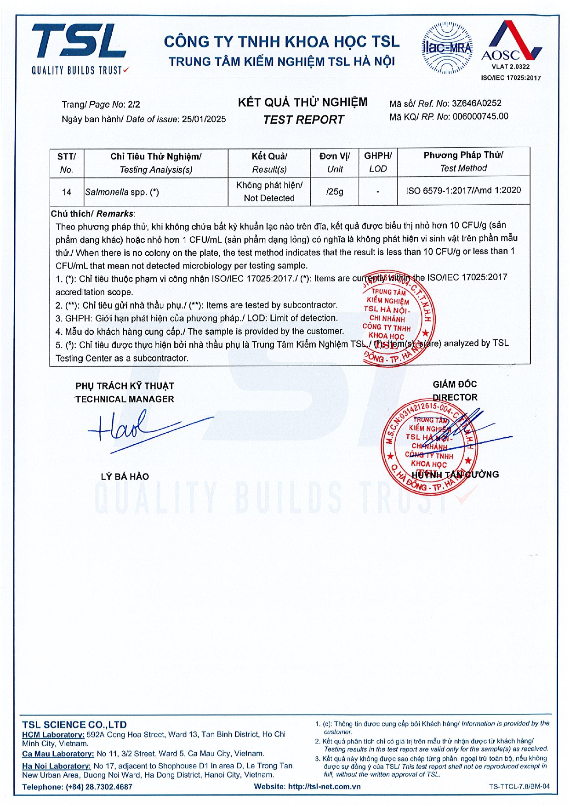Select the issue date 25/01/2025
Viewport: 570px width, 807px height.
coord(204,119)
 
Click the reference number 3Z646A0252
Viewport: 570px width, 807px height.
coord(477,103)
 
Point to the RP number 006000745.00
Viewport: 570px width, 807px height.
coord(480,116)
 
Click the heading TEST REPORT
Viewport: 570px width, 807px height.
coord(303,120)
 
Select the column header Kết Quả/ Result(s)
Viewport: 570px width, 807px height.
coord(269,162)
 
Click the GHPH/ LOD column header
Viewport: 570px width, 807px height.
coord(378,162)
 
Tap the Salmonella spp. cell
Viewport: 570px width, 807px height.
coord(122,192)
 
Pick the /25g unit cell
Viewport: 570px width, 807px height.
coord(335,191)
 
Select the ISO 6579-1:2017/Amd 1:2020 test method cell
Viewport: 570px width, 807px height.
coord(463,190)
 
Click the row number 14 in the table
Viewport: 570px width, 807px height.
coord(67,192)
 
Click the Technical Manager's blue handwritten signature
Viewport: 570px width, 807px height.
coord(138,428)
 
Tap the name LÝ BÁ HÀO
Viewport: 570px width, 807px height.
coord(125,476)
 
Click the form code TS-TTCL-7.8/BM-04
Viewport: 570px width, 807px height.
coord(519,786)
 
